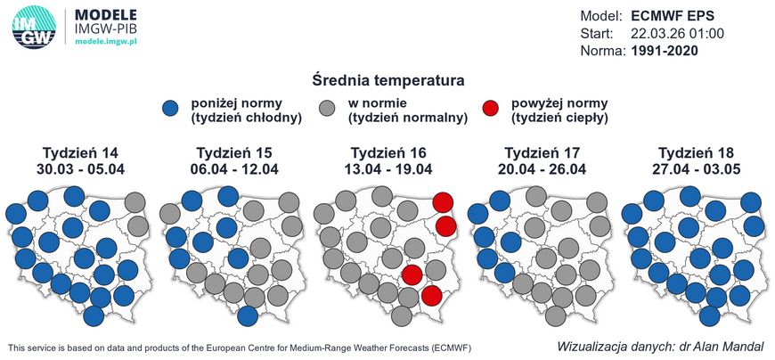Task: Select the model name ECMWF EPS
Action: tap(673, 16)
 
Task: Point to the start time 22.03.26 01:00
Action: tap(676, 33)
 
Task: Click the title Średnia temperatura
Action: tap(387, 81)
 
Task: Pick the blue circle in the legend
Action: tap(172, 109)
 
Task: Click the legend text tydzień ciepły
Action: tap(559, 117)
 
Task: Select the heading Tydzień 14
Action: tap(81, 151)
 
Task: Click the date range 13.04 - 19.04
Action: tap(389, 168)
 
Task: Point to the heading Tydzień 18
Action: tap(697, 151)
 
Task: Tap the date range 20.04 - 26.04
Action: tap(543, 168)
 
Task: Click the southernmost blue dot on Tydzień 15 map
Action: tap(248, 315)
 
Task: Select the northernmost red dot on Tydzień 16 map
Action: tap(445, 202)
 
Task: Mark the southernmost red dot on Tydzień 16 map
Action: tap(431, 295)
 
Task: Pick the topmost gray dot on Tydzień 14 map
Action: tap(135, 202)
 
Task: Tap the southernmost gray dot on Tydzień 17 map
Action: tap(556, 315)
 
